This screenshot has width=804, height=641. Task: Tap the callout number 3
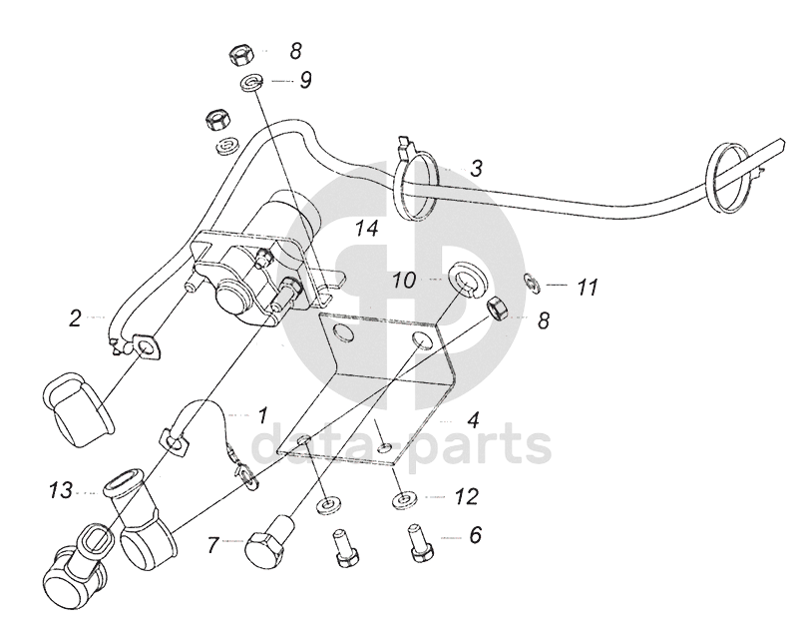(477, 169)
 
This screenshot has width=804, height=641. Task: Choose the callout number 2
(76, 320)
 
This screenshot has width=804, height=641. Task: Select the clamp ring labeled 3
(418, 186)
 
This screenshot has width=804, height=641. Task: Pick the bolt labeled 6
(419, 546)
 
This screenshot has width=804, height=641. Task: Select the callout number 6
(475, 534)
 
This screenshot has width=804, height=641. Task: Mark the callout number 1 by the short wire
(263, 412)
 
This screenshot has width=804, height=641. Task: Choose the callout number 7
(213, 545)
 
